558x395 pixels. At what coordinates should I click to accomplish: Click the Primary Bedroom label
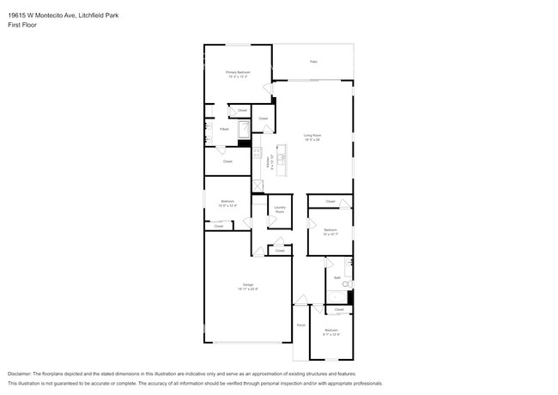(238, 72)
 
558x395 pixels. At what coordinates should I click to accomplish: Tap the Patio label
(313, 62)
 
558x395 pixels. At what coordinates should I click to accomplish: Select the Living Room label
(312, 135)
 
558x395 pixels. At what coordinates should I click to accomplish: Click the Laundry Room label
(280, 209)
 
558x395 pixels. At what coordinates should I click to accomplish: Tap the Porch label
(300, 325)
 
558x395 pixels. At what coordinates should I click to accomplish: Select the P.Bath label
(223, 129)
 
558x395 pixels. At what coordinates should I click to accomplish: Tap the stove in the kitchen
(257, 155)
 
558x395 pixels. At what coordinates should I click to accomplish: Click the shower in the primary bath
(243, 130)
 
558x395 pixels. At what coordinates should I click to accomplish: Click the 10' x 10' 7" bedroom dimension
(331, 234)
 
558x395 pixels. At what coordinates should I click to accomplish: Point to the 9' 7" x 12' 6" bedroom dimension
(331, 334)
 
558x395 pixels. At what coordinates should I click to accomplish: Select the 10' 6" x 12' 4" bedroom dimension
(227, 206)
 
